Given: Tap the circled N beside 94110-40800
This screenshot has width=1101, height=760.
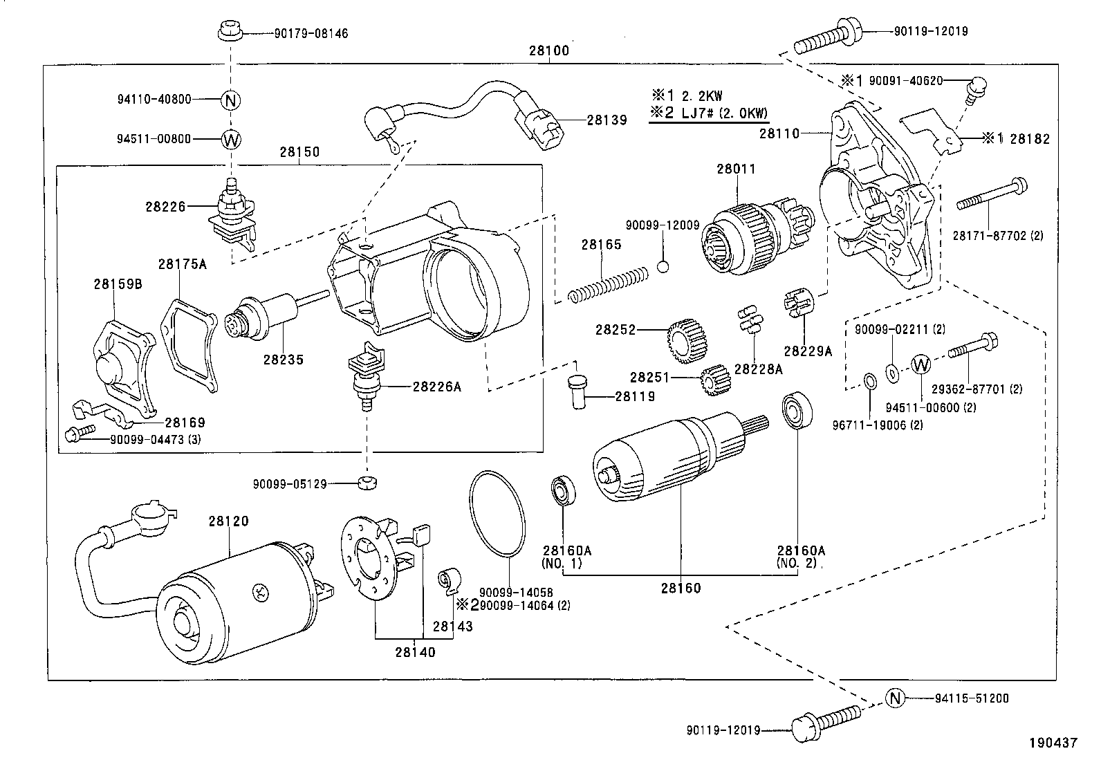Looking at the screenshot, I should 231,100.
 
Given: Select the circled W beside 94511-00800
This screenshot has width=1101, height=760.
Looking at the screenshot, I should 231,139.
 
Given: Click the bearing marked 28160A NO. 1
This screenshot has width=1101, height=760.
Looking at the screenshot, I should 562,490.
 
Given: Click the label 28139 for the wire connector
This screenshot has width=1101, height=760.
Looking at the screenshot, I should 607,120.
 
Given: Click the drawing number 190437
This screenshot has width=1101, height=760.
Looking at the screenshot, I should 1053,743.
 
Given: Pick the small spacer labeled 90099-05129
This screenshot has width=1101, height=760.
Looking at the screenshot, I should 366,482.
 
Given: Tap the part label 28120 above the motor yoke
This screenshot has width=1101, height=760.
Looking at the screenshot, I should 228,521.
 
